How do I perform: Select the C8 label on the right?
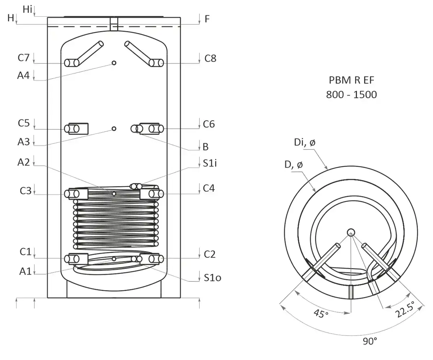tap(210, 58)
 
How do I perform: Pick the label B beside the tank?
tap(206, 147)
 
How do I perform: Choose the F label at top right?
tap(207, 19)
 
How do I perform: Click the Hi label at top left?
tap(27, 9)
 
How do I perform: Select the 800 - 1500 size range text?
tap(351, 94)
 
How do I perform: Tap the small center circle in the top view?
tap(351, 232)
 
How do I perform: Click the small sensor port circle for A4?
tap(114, 63)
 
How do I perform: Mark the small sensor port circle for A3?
tap(114, 129)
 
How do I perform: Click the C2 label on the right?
tap(210, 254)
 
